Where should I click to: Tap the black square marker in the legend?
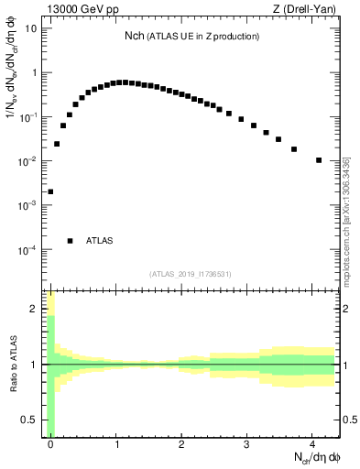70,241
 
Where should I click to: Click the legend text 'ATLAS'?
99,241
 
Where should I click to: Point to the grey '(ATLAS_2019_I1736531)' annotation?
191,274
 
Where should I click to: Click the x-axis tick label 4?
312,443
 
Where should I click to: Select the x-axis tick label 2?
181,443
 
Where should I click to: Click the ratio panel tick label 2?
35,309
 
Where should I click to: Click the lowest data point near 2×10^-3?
50,192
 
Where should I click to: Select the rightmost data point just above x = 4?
319,160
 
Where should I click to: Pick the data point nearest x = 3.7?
294,149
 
